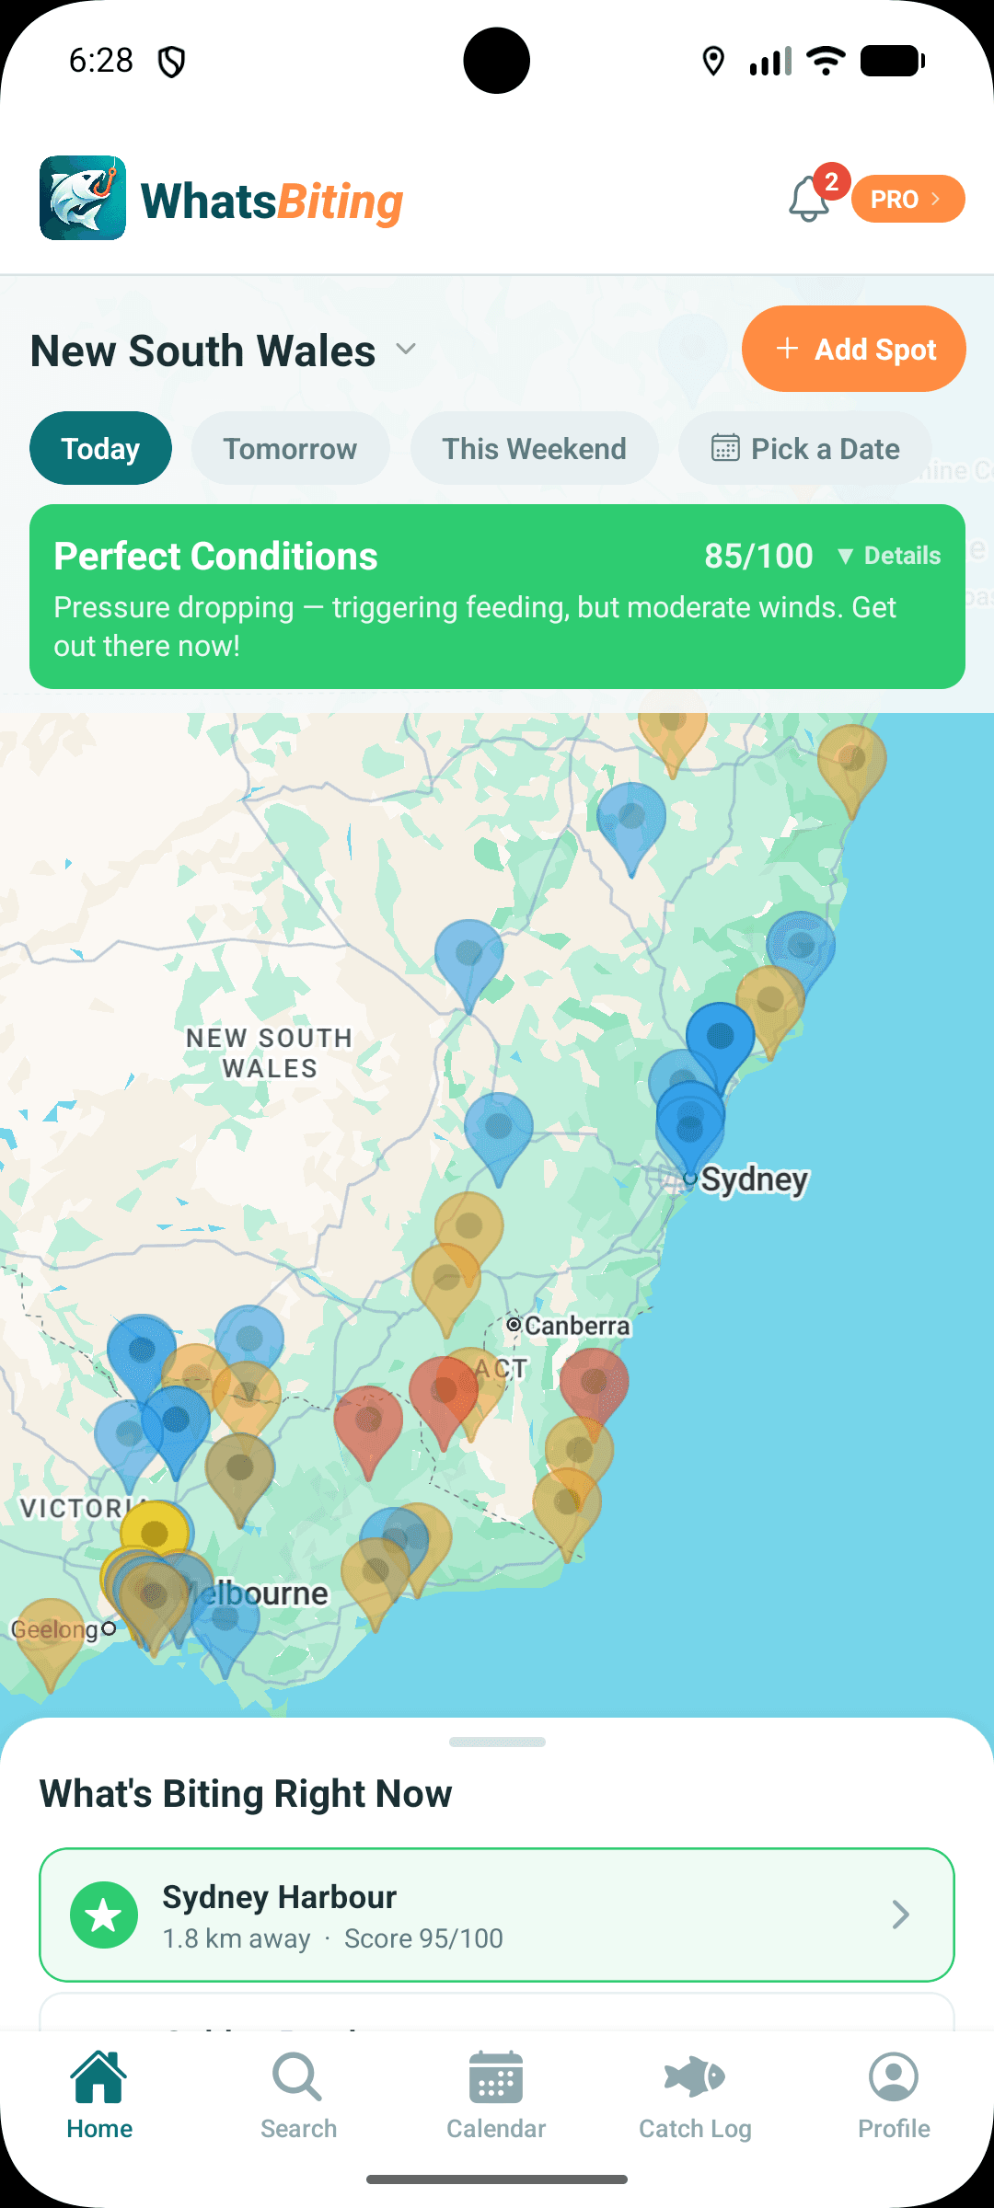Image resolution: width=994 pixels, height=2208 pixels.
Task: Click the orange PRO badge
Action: click(907, 199)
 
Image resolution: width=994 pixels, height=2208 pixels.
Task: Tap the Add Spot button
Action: click(853, 350)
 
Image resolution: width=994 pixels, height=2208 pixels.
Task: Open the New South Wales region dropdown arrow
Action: click(406, 350)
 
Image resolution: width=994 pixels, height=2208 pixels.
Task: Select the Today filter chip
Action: click(100, 449)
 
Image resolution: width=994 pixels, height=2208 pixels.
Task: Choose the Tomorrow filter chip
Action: click(290, 449)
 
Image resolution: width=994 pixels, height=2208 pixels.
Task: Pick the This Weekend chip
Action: click(534, 449)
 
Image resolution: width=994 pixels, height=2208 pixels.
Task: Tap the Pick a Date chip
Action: click(805, 449)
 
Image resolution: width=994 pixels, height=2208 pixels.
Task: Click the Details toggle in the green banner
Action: click(889, 556)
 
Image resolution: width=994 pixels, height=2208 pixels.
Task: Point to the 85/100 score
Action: click(758, 556)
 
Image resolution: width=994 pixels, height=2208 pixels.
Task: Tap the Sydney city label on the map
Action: click(755, 1179)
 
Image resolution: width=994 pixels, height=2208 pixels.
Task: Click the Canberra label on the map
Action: click(576, 1326)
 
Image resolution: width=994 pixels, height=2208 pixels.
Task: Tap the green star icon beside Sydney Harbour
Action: click(104, 1915)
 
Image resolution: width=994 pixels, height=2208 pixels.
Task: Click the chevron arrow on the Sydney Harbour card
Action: click(900, 1915)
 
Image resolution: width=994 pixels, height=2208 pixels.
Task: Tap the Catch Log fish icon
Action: click(695, 2077)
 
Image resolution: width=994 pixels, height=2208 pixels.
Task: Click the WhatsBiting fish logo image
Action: click(83, 198)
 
